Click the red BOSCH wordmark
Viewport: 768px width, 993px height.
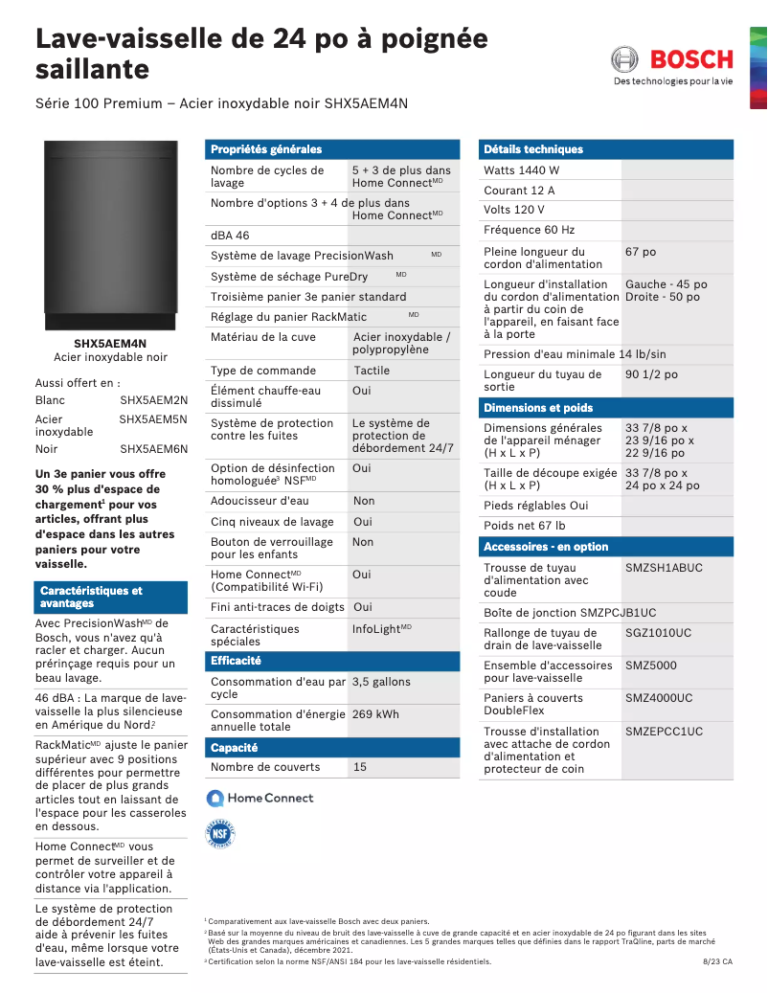click(691, 59)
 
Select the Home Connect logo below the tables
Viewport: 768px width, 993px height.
click(260, 798)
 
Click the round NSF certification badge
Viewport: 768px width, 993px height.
click(220, 834)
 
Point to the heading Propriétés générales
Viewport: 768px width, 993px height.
click(266, 149)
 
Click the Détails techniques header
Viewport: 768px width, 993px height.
click(533, 149)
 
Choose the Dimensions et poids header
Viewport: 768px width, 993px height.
click(538, 408)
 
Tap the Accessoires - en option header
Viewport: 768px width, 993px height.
click(546, 547)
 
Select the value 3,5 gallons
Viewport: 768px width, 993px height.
click(381, 682)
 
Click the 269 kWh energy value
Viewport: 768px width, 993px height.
click(375, 714)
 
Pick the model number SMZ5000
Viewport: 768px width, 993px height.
click(651, 666)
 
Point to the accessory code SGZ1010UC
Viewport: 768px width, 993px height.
click(659, 633)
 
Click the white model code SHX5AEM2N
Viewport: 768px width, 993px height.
click(153, 399)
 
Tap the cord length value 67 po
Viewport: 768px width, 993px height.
click(641, 252)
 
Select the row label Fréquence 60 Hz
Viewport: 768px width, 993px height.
click(530, 230)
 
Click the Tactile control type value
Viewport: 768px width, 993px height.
click(372, 371)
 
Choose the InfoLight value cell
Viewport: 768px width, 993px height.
click(381, 629)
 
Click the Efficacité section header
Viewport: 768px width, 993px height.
click(236, 661)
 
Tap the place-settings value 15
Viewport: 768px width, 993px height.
click(360, 767)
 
